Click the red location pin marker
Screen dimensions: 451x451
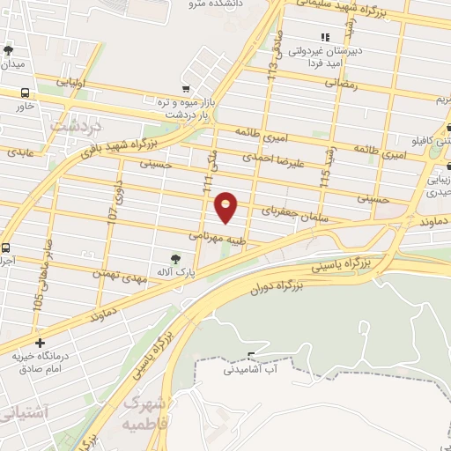click(226, 207)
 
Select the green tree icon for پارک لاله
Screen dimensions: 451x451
click(176, 259)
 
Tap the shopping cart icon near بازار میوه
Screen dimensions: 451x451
click(184, 88)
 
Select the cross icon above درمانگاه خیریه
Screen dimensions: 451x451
click(40, 343)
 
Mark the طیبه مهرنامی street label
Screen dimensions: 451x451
click(214, 236)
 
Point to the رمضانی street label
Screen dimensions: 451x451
click(341, 83)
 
